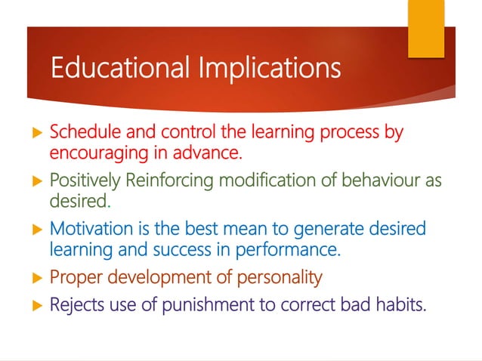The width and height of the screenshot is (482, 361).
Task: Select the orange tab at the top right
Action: click(x=426, y=28)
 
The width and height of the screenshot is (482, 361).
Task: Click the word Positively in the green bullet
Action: click(x=82, y=181)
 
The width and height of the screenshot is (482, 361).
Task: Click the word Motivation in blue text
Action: click(x=88, y=229)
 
